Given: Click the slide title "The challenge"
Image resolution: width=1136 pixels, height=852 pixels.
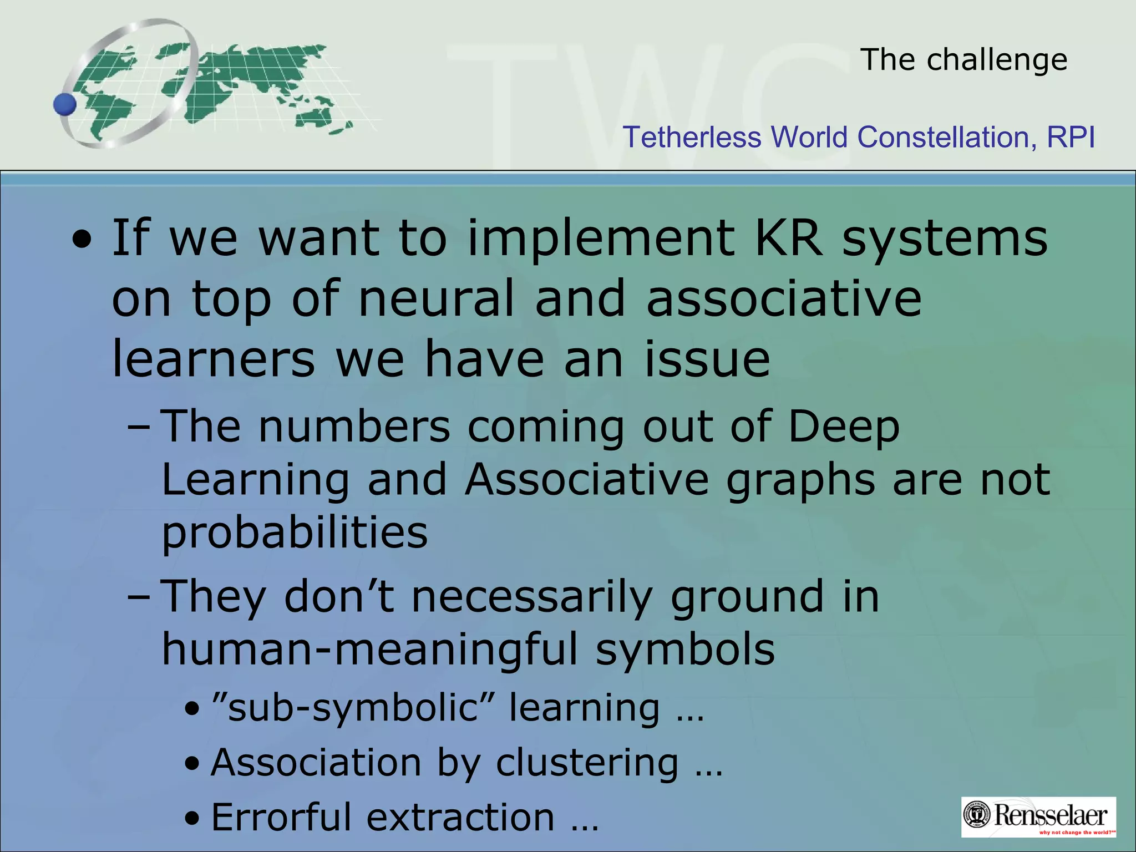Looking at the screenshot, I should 963,59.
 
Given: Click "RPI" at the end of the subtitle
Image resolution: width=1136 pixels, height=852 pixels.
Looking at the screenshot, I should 1071,137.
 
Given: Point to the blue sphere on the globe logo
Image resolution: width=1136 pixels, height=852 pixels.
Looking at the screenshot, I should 65,104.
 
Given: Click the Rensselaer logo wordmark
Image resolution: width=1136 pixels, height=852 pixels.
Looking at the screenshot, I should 1051,815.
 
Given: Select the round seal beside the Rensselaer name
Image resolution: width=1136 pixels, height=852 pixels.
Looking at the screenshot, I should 978,815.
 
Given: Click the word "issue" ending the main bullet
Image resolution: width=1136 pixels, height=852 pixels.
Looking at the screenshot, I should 707,359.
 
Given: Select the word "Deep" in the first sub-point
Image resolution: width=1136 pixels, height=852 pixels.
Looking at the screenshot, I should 843,427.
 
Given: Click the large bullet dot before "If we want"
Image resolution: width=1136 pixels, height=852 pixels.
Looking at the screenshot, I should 82,240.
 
